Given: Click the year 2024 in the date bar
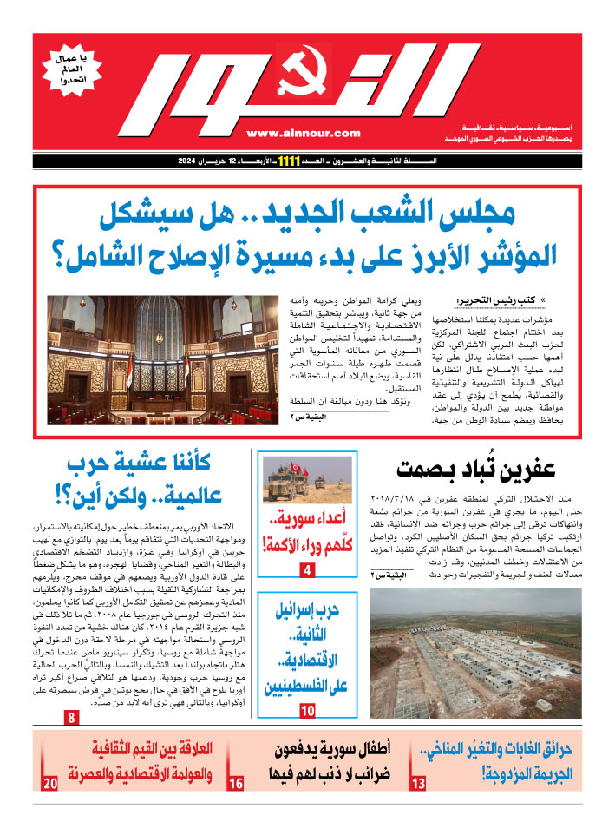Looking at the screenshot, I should [x=189, y=161].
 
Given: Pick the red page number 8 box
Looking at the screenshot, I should [x=71, y=718].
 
